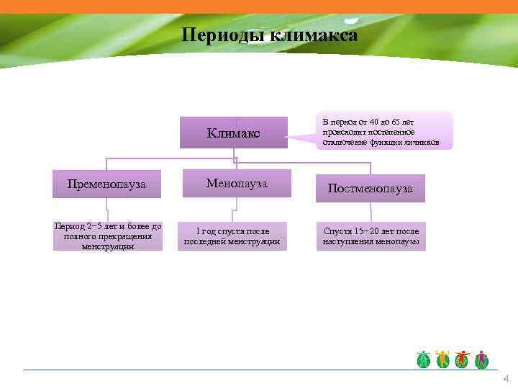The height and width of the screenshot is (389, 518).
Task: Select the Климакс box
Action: [x=233, y=133]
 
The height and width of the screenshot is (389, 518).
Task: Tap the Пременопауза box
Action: [x=106, y=184]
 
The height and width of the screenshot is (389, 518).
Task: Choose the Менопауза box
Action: [x=237, y=184]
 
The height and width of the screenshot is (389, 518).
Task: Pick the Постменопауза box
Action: [x=370, y=188]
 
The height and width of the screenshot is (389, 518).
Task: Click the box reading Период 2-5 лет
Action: [x=107, y=236]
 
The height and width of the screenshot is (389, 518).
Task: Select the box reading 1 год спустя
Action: [x=232, y=236]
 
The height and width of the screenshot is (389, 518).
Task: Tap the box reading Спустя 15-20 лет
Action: [x=371, y=236]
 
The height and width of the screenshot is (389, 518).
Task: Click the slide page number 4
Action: [x=506, y=379]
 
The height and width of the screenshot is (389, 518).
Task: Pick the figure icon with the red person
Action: [x=463, y=359]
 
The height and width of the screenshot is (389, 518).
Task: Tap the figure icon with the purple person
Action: [x=481, y=359]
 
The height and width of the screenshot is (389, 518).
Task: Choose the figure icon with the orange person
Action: [x=443, y=359]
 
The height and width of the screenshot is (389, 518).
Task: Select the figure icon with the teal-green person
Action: [x=424, y=359]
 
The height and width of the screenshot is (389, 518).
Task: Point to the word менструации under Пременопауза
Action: [x=107, y=246]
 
